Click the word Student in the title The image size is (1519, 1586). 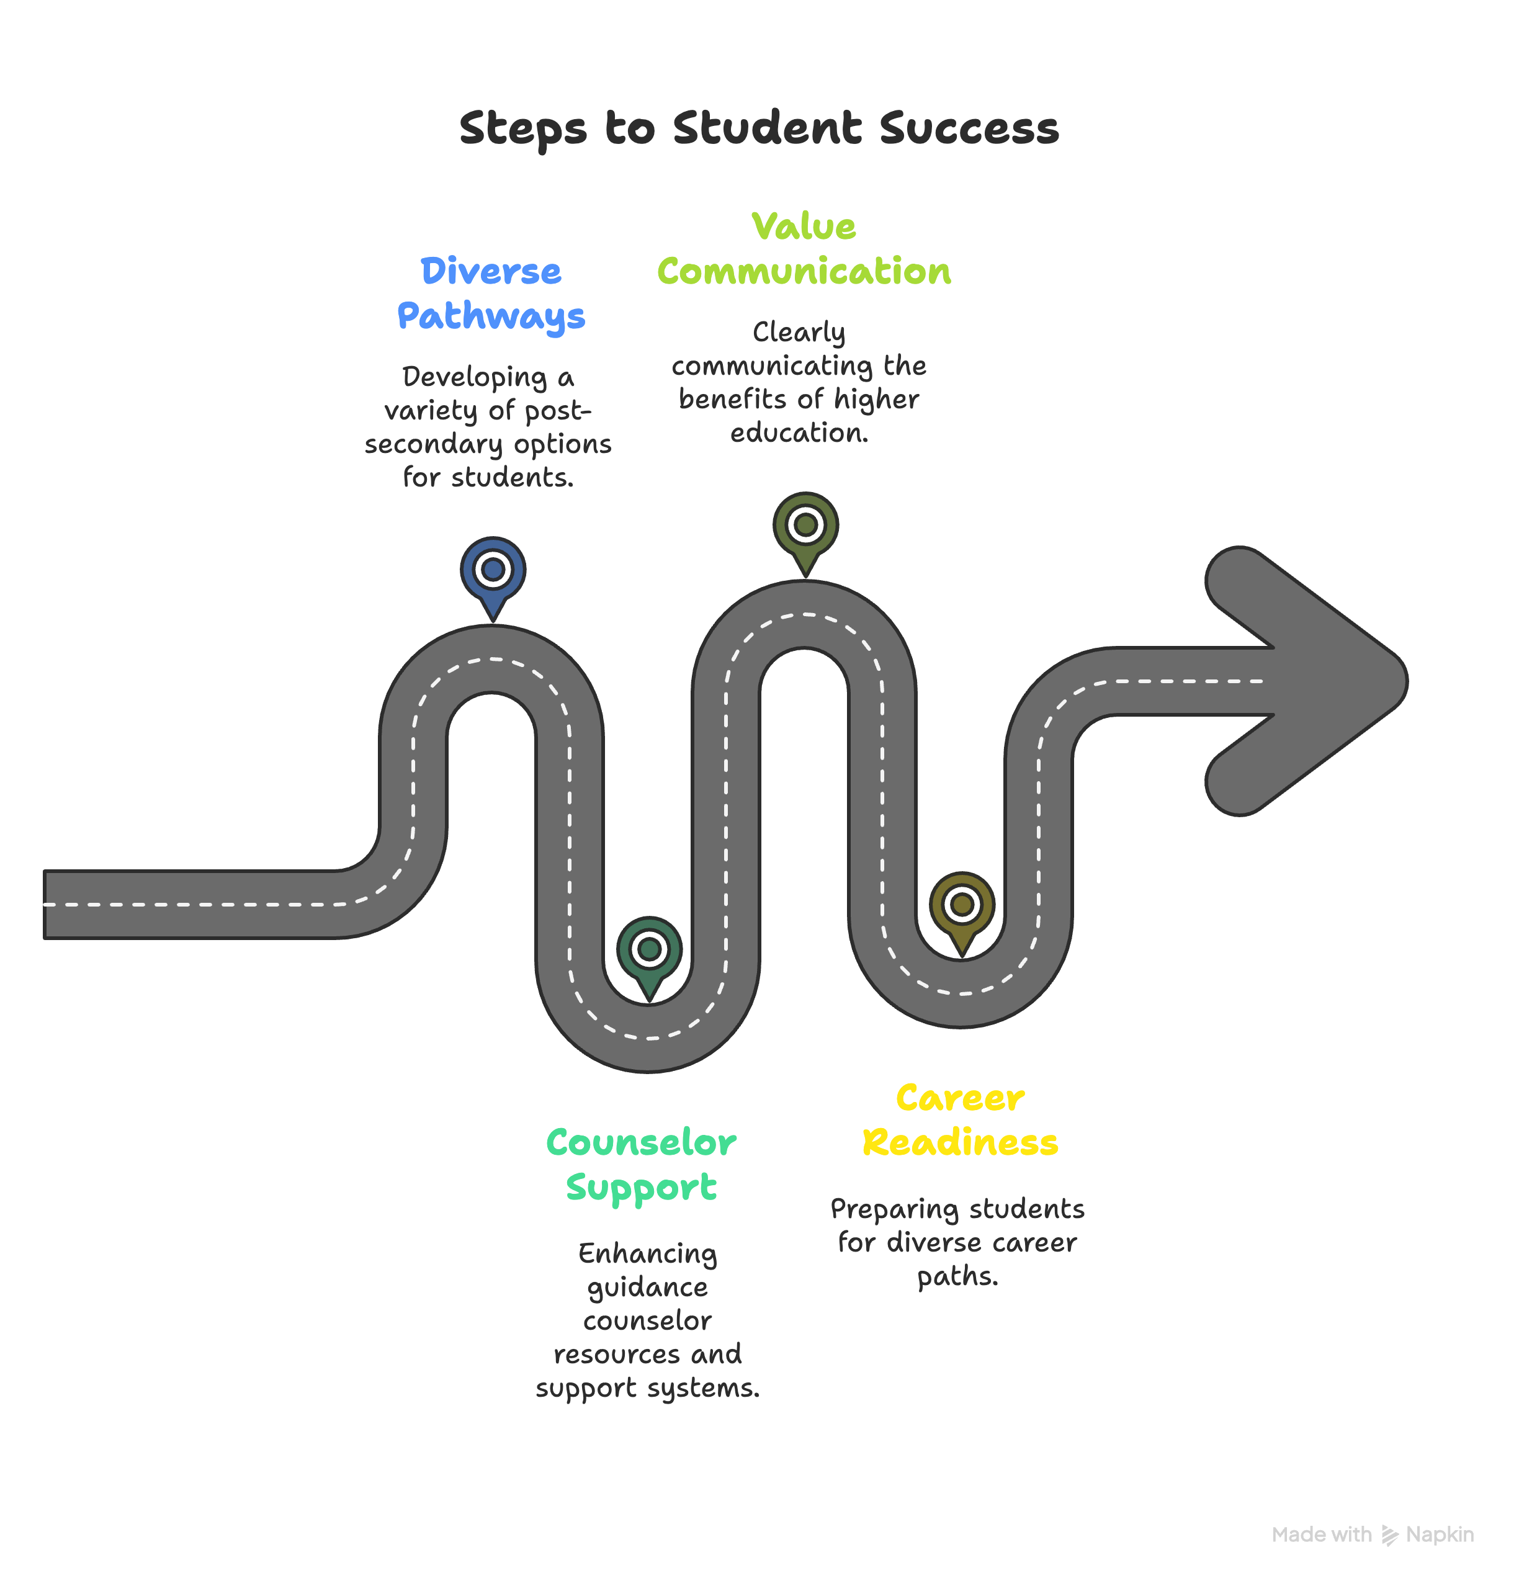point(766,128)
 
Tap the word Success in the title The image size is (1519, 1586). point(969,128)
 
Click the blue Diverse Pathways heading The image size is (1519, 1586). point(490,293)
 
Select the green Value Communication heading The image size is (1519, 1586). point(804,249)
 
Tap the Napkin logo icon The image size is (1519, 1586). point(1389,1535)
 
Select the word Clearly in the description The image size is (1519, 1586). point(799,333)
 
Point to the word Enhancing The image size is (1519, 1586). point(647,1253)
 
